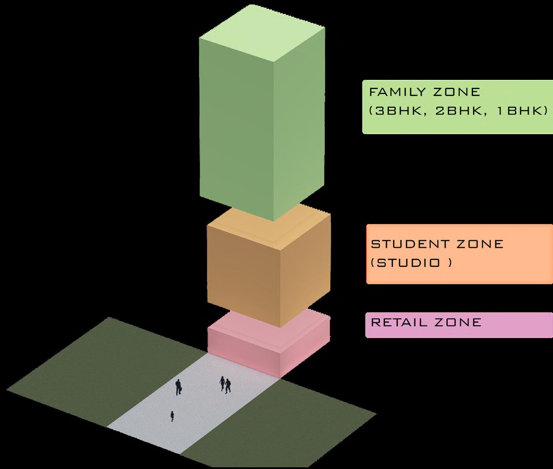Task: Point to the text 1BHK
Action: click(x=515, y=111)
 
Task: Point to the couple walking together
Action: click(x=225, y=385)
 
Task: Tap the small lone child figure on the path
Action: click(x=172, y=416)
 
